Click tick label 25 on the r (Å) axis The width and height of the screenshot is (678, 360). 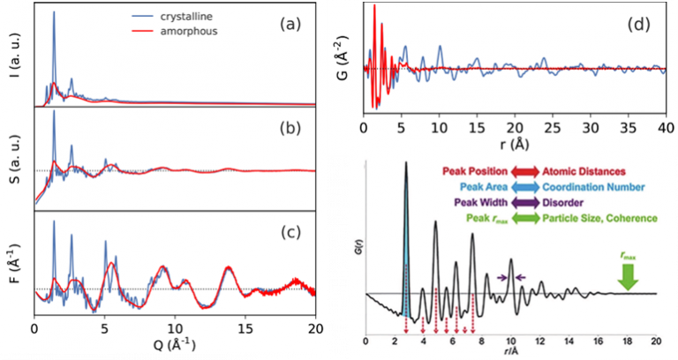pyautogui.click(x=549, y=129)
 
